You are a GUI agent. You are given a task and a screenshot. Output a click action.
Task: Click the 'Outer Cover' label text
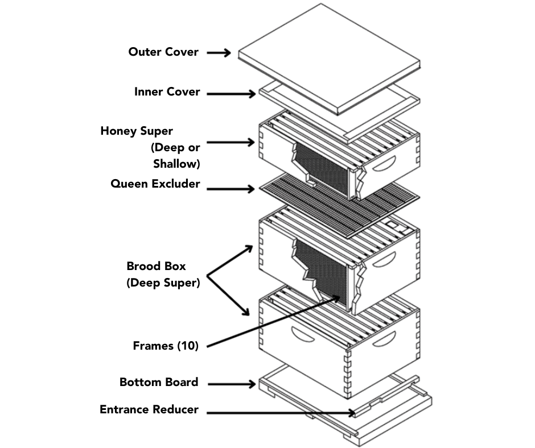coord(163,52)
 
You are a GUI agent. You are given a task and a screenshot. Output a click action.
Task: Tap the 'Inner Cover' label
coord(167,92)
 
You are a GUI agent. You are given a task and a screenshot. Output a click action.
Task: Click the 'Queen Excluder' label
coord(155,184)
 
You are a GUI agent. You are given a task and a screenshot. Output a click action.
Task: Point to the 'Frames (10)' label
coord(166,345)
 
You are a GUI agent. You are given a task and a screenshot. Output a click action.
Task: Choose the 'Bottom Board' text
coord(159,382)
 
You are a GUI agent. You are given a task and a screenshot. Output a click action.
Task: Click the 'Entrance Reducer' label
coord(149,409)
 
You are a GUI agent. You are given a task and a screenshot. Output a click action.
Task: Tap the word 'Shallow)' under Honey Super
coord(176,164)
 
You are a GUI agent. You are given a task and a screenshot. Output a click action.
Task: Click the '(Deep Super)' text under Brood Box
coord(163,282)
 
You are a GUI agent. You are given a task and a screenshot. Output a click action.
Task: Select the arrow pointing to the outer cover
coord(219,53)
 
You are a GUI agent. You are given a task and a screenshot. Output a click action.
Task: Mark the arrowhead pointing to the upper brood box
coord(249,248)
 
